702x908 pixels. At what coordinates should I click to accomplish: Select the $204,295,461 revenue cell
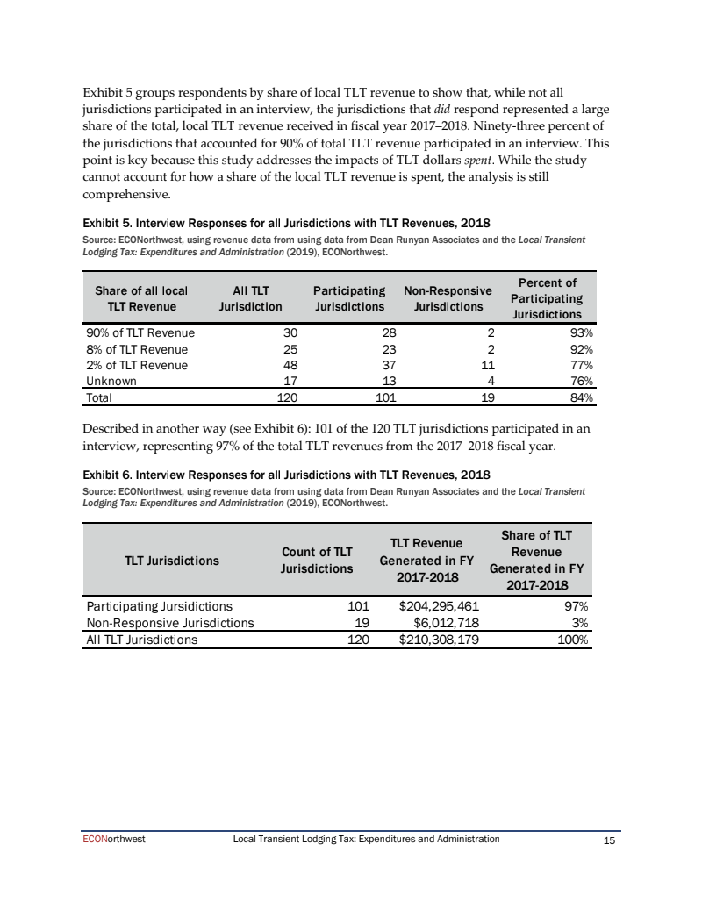tap(439, 605)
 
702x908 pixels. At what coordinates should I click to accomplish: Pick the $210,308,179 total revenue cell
tap(439, 640)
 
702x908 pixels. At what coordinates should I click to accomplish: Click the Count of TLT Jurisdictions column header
tap(317, 560)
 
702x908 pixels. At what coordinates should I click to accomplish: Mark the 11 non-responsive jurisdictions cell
tap(489, 365)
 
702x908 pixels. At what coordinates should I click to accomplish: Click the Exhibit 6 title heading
tap(285, 475)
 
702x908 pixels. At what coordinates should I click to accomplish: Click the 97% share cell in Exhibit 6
tap(577, 605)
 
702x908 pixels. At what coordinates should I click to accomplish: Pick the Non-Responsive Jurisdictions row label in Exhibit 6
tap(169, 622)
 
